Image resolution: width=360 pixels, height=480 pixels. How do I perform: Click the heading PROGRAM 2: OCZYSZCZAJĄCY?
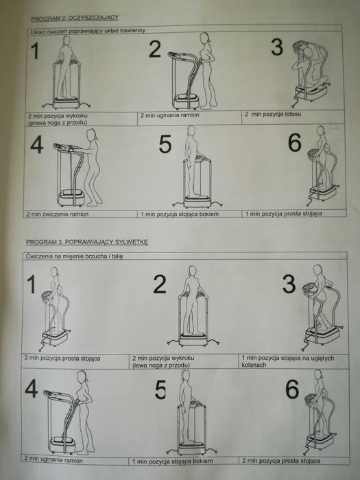point(74,18)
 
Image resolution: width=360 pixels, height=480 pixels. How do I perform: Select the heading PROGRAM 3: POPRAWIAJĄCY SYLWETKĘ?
point(87,242)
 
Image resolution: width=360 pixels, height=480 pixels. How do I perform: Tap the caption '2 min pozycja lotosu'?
point(273,115)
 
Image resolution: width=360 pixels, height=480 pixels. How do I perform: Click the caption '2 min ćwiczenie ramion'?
point(57,214)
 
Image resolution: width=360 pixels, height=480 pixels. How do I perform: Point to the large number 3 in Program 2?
point(277,47)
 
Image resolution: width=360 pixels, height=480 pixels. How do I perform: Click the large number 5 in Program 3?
point(160,389)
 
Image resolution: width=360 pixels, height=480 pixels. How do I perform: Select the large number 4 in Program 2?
point(37,145)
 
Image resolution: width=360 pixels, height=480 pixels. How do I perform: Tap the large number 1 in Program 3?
point(32,284)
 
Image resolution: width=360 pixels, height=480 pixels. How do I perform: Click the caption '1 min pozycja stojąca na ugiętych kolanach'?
point(288,361)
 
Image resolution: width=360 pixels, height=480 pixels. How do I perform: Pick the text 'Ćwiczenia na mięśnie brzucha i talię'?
point(74,256)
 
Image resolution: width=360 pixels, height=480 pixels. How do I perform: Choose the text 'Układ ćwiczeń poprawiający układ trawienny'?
point(88,31)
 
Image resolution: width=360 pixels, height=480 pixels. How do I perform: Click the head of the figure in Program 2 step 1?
point(67,40)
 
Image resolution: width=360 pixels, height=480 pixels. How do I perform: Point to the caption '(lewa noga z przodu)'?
point(161,365)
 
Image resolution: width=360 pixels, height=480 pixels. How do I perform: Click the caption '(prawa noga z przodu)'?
point(58,123)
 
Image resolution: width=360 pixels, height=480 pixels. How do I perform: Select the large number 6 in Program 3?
point(292,389)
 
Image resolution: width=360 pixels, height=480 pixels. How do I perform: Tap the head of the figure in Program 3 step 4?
point(82,376)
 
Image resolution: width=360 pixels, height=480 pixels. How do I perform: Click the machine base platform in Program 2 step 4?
point(71,198)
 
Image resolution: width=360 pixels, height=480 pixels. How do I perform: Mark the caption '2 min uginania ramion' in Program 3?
point(53,460)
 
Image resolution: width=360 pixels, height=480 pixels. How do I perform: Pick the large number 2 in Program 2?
point(155,49)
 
